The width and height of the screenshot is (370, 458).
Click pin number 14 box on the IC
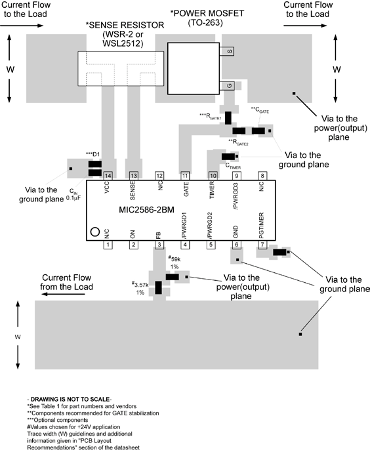pos(108,176)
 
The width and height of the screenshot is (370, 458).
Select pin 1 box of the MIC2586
pos(108,245)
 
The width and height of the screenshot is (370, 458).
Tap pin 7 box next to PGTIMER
pos(262,245)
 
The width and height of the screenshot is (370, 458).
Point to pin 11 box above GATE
pos(185,176)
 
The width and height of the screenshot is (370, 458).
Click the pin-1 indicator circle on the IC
pos(95,232)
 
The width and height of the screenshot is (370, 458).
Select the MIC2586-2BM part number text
pos(146,210)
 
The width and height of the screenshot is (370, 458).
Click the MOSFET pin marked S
pos(227,51)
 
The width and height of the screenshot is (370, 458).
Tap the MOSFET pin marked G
pos(227,85)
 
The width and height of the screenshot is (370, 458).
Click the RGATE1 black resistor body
pos(228,117)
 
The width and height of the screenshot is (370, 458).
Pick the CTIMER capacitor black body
pos(228,157)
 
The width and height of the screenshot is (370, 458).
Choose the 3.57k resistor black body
pos(159,287)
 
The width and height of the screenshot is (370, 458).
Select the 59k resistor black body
pos(173,277)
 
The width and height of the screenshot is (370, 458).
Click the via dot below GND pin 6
pos(237,260)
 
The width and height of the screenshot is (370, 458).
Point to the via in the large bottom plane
pos(300,334)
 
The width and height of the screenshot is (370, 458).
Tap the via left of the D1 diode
pos(71,169)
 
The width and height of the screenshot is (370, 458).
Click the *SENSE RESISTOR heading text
pos(125,25)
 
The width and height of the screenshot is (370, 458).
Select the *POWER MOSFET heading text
pos(207,13)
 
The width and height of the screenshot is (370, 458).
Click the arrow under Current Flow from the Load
pos(63,294)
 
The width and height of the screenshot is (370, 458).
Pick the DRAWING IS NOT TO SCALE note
pos(70,400)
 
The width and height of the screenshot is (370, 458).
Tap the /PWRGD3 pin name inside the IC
pos(236,196)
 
